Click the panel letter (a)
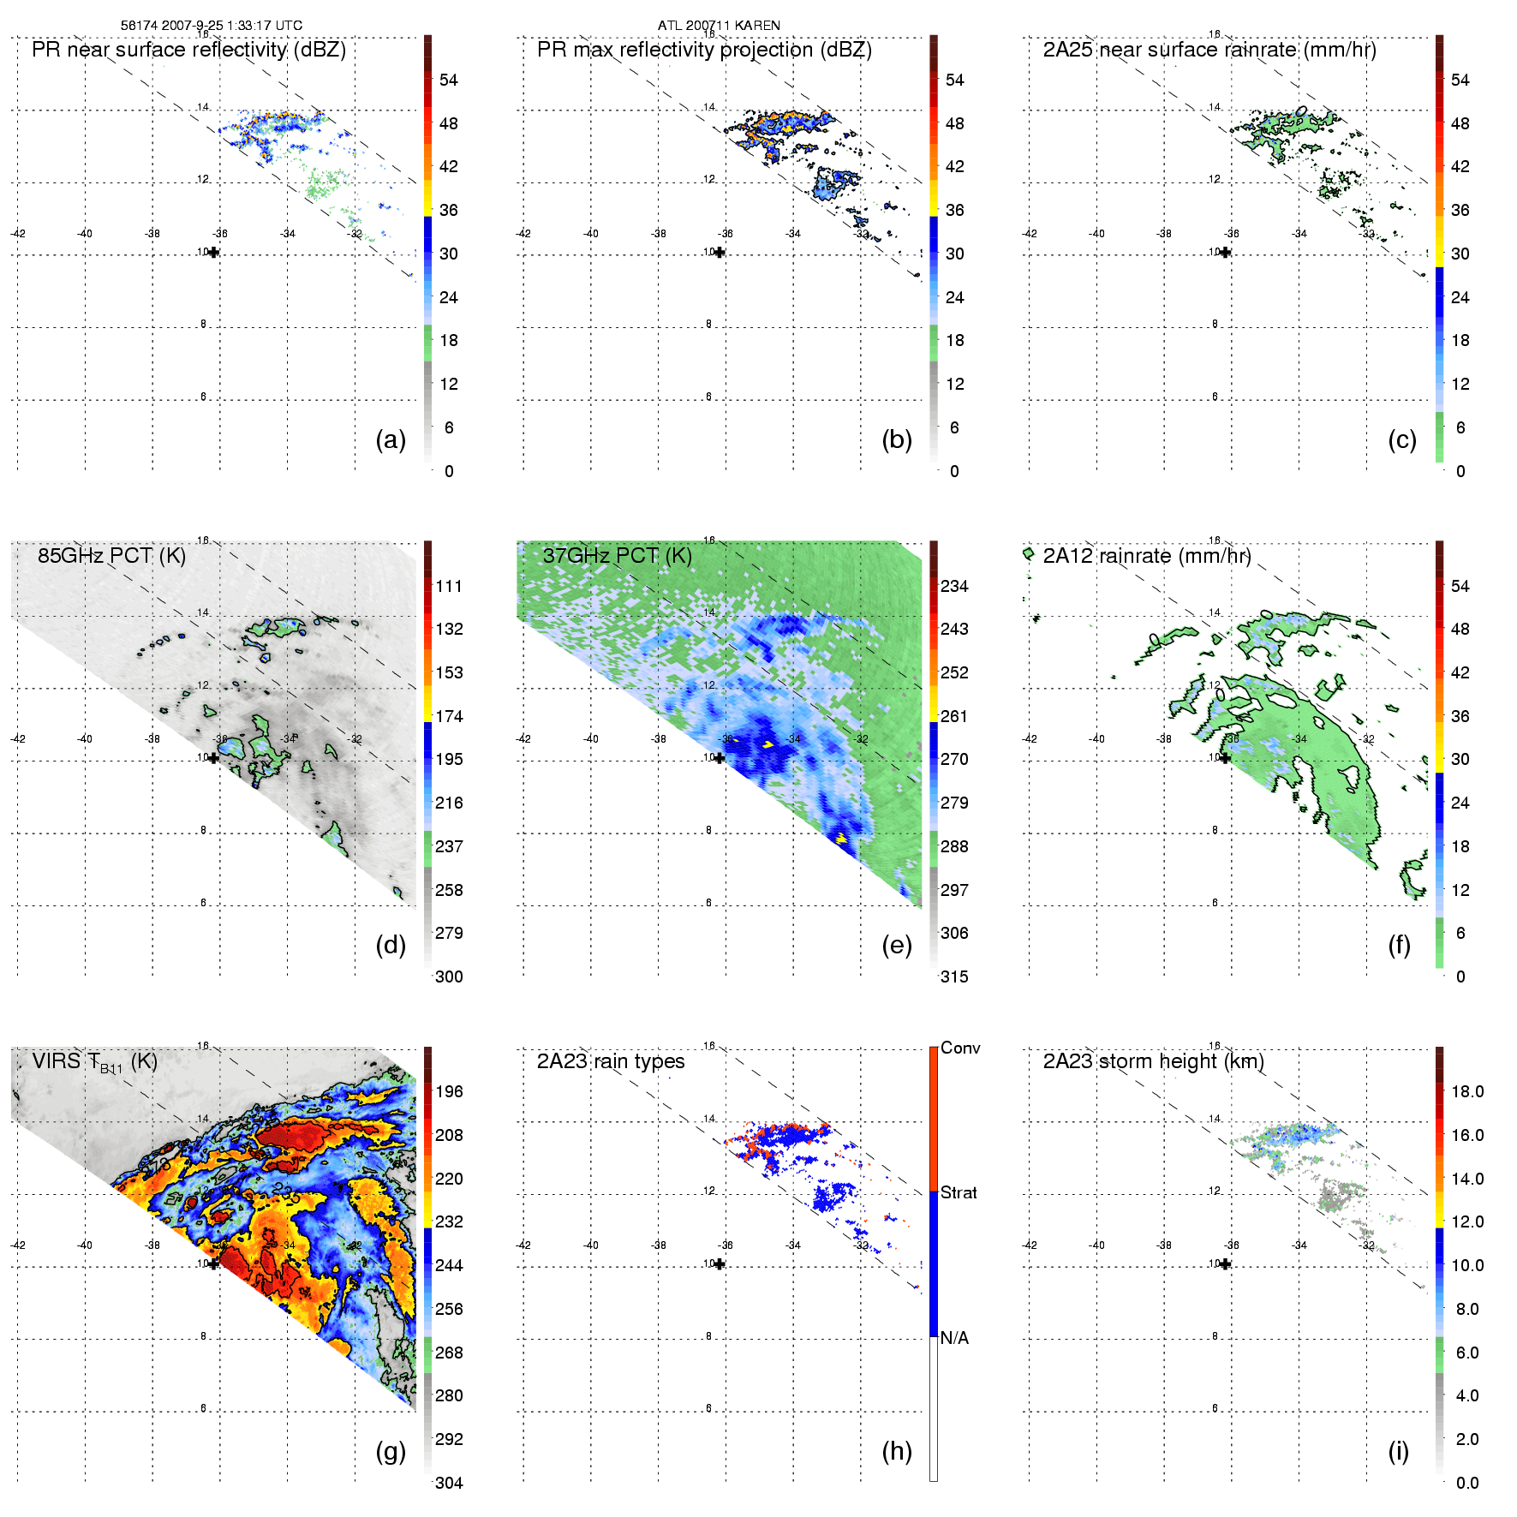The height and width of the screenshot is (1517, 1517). (391, 440)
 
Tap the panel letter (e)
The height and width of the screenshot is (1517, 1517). (896, 946)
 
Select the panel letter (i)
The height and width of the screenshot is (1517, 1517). (1398, 1452)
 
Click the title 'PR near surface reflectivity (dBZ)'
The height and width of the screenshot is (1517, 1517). (188, 50)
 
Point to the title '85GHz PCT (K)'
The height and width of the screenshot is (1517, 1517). (111, 555)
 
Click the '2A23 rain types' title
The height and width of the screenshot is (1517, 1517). (611, 1061)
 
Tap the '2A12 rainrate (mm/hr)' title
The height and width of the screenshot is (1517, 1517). (1147, 555)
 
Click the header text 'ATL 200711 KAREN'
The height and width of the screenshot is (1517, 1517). (719, 25)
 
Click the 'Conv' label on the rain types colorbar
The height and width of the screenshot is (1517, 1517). (960, 1048)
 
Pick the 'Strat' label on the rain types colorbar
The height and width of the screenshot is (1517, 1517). (959, 1192)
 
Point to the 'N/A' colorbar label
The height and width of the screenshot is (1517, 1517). (954, 1338)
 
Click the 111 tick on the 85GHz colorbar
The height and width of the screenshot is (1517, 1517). (449, 586)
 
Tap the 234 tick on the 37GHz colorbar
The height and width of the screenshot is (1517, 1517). (954, 586)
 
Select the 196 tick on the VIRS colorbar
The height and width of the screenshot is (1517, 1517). (449, 1091)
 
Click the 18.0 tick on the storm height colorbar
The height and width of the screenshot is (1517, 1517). (1467, 1091)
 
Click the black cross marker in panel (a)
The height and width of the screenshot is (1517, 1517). (213, 252)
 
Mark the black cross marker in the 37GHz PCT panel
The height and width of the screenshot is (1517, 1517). (720, 757)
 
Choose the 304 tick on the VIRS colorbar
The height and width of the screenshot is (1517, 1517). (449, 1483)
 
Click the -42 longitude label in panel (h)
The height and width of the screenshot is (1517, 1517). (523, 1245)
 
